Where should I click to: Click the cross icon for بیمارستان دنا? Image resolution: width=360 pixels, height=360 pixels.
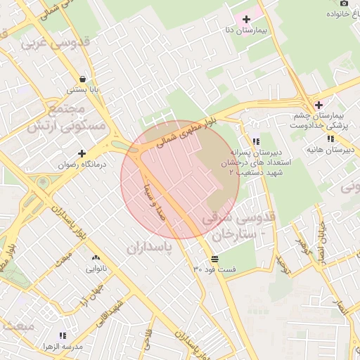[246, 19]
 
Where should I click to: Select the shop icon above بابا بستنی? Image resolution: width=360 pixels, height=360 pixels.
[83, 79]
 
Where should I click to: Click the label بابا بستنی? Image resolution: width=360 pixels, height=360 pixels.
[83, 90]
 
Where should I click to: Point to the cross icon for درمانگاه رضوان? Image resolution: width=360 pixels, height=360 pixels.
[82, 153]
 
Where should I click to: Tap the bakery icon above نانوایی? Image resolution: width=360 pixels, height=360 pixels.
[96, 257]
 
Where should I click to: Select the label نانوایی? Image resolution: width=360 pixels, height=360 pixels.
[96, 269]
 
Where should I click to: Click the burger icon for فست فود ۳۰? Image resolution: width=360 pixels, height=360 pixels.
[214, 259]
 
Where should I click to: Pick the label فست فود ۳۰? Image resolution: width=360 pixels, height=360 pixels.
[215, 270]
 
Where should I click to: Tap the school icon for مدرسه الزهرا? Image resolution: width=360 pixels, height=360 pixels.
[63, 336]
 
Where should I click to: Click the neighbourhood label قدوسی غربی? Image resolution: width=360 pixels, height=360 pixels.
[49, 43]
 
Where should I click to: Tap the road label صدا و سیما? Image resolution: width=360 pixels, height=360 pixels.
[167, 199]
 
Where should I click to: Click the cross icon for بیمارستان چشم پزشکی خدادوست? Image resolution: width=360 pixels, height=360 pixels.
[319, 105]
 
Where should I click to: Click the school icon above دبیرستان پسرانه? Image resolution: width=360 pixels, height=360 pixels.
[256, 141]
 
